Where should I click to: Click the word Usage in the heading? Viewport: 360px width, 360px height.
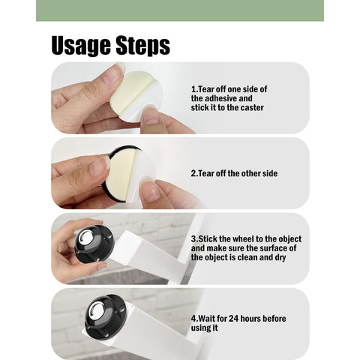click(x=81, y=46)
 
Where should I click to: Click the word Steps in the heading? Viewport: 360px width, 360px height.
click(x=142, y=46)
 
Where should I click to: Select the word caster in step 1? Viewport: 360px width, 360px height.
click(x=252, y=108)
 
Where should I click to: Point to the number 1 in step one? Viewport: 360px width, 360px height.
click(x=193, y=89)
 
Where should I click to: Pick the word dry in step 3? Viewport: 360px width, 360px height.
click(x=280, y=258)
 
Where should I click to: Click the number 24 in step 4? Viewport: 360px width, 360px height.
click(x=234, y=319)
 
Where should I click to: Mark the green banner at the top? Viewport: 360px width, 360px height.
click(x=180, y=10)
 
